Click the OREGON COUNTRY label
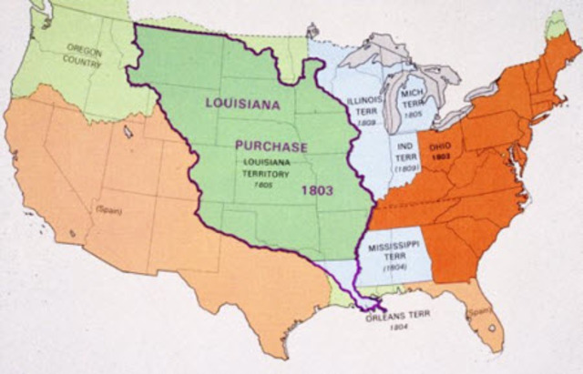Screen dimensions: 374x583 (x=85, y=56)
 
